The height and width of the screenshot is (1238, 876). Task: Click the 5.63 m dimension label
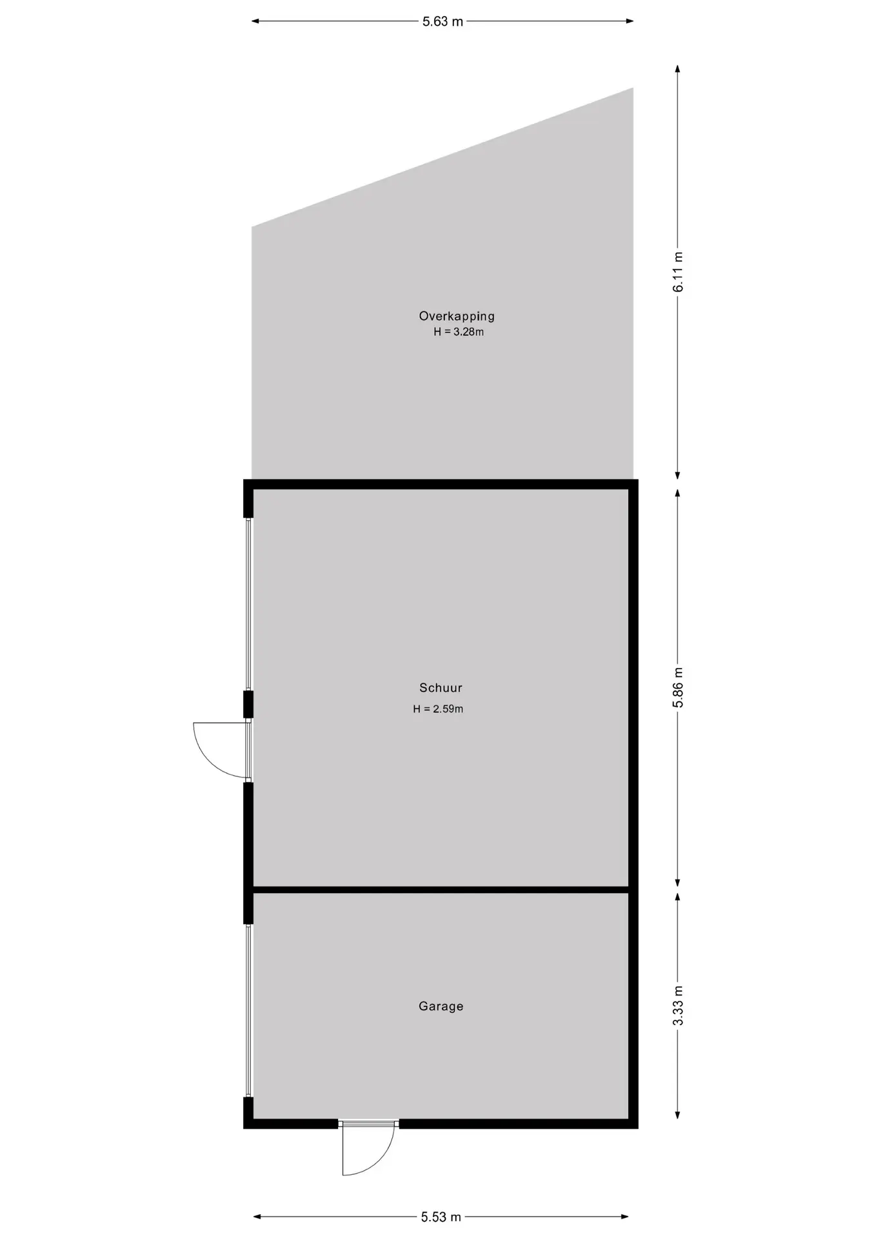click(x=443, y=22)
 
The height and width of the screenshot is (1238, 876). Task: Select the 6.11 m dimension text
click(x=678, y=271)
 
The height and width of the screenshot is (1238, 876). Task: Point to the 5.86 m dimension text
click(x=678, y=687)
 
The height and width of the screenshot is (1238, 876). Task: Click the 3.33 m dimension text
click(x=678, y=1006)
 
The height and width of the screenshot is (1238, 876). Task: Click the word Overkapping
click(x=457, y=316)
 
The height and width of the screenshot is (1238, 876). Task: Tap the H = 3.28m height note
click(x=459, y=332)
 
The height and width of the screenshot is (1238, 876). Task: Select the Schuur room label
click(x=441, y=688)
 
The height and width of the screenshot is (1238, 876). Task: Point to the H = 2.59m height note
click(x=438, y=709)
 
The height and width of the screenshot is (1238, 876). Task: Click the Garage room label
click(x=441, y=1006)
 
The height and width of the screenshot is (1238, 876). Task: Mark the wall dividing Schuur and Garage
click(x=441, y=890)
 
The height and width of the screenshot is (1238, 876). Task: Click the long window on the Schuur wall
click(x=248, y=604)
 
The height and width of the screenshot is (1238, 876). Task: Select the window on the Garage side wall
click(x=248, y=1011)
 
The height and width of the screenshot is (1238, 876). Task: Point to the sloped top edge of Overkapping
click(x=443, y=157)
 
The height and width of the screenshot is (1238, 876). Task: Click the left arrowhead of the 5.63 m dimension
click(x=255, y=22)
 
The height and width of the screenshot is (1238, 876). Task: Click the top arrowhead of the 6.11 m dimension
click(x=677, y=69)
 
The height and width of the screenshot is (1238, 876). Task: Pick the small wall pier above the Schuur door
click(x=248, y=704)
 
